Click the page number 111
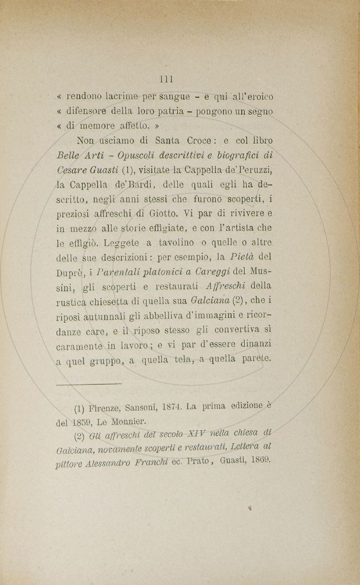(166, 80)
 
